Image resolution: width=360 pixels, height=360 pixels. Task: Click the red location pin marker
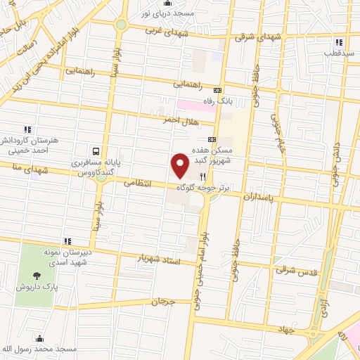pos(181,167)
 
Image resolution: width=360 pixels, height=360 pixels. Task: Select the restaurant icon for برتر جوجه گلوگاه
pos(203,177)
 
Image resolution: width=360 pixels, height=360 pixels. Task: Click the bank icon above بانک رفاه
pos(217,90)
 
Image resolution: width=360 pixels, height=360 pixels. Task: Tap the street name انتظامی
pos(139,182)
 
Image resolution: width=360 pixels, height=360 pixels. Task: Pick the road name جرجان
pos(162,301)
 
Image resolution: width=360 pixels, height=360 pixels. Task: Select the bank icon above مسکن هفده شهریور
pos(212,139)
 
